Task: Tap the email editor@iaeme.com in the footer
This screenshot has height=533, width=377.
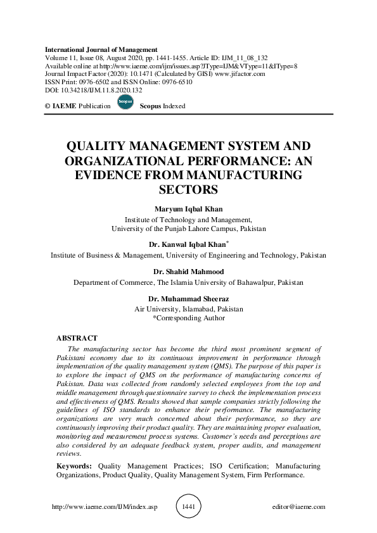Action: [x=298, y=507]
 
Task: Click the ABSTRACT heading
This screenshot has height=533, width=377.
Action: [x=77, y=338]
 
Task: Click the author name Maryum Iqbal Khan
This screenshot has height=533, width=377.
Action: [x=188, y=210]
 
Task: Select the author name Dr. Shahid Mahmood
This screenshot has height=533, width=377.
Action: [x=188, y=272]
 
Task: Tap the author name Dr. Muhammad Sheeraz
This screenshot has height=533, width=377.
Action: [x=188, y=298]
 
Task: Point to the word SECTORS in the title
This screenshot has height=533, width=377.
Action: [x=188, y=189]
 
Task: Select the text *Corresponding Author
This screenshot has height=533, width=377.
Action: [x=188, y=318]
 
